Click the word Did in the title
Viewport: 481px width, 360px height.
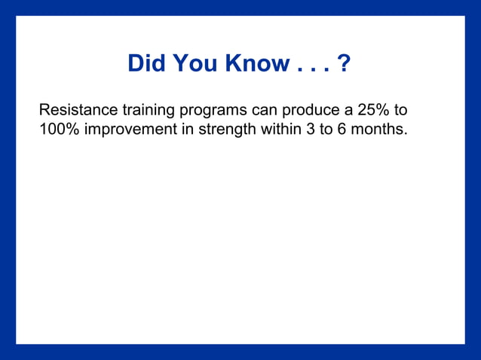click(x=147, y=63)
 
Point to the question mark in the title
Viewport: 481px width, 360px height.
click(x=345, y=63)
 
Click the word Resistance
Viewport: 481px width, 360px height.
click(x=78, y=110)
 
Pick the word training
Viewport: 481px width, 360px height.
click(x=148, y=110)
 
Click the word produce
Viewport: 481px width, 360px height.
click(x=310, y=110)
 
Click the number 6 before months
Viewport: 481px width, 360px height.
click(x=345, y=129)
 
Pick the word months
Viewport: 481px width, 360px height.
click(x=381, y=129)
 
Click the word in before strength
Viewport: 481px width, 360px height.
click(x=189, y=129)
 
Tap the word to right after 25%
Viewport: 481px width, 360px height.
click(x=400, y=110)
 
